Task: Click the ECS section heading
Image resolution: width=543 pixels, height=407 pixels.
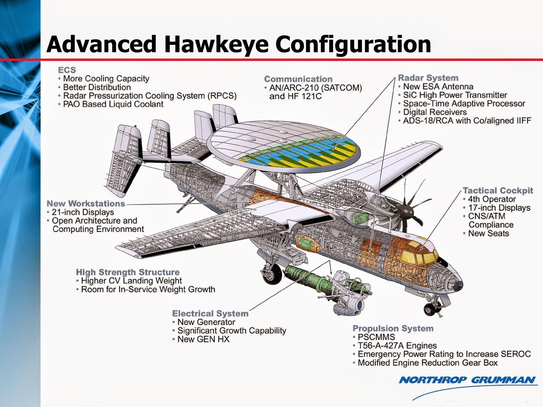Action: [67, 70]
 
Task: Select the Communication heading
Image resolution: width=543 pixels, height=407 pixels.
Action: [298, 79]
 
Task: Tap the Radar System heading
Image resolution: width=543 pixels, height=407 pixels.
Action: [428, 78]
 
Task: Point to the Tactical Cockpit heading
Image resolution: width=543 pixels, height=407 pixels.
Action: [498, 190]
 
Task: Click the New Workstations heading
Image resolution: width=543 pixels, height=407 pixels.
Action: [86, 204]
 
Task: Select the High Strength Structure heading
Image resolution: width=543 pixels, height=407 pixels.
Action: [128, 272]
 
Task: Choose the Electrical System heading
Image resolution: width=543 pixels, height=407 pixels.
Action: [210, 313]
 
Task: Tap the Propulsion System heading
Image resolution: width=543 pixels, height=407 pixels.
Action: [393, 328]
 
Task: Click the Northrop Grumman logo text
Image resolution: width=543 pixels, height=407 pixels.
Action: [467, 380]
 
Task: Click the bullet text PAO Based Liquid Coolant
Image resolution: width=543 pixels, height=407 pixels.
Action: [113, 104]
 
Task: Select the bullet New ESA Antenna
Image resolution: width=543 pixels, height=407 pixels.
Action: [438, 87]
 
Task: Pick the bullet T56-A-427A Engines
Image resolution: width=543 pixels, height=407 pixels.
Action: [397, 346]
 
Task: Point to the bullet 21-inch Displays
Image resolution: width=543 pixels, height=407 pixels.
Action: [83, 212]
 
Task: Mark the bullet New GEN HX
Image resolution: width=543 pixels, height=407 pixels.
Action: [203, 339]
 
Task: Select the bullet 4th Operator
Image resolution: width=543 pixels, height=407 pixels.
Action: [492, 199]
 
